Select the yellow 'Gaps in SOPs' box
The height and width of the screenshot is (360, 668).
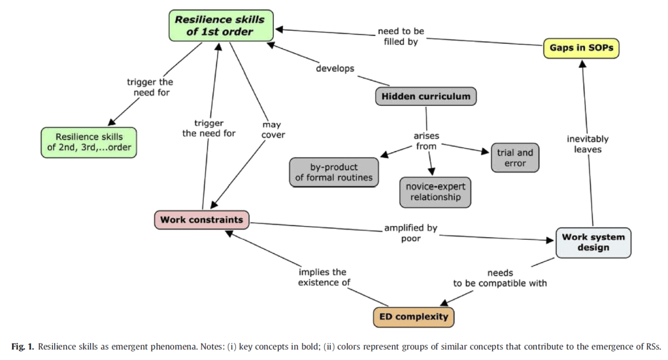[582, 48]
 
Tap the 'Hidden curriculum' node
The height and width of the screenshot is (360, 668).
[426, 97]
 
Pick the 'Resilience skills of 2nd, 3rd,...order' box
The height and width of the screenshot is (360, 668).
[89, 142]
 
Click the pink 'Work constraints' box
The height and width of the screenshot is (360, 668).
[201, 220]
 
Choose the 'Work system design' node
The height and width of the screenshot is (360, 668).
[593, 242]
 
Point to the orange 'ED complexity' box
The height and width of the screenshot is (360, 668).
[414, 317]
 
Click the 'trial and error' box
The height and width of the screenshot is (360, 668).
[515, 158]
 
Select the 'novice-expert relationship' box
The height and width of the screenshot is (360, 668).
[435, 192]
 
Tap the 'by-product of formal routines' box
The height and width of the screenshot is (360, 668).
[333, 172]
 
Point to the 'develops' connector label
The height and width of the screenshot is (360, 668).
[335, 69]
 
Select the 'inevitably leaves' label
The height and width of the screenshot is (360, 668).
[588, 144]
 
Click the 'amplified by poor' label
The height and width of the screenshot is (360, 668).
[410, 233]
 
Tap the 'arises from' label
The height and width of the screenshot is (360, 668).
[426, 141]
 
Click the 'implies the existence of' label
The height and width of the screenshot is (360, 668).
[322, 277]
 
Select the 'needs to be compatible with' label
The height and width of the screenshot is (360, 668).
[500, 278]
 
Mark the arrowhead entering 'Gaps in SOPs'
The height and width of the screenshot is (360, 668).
[583, 62]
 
